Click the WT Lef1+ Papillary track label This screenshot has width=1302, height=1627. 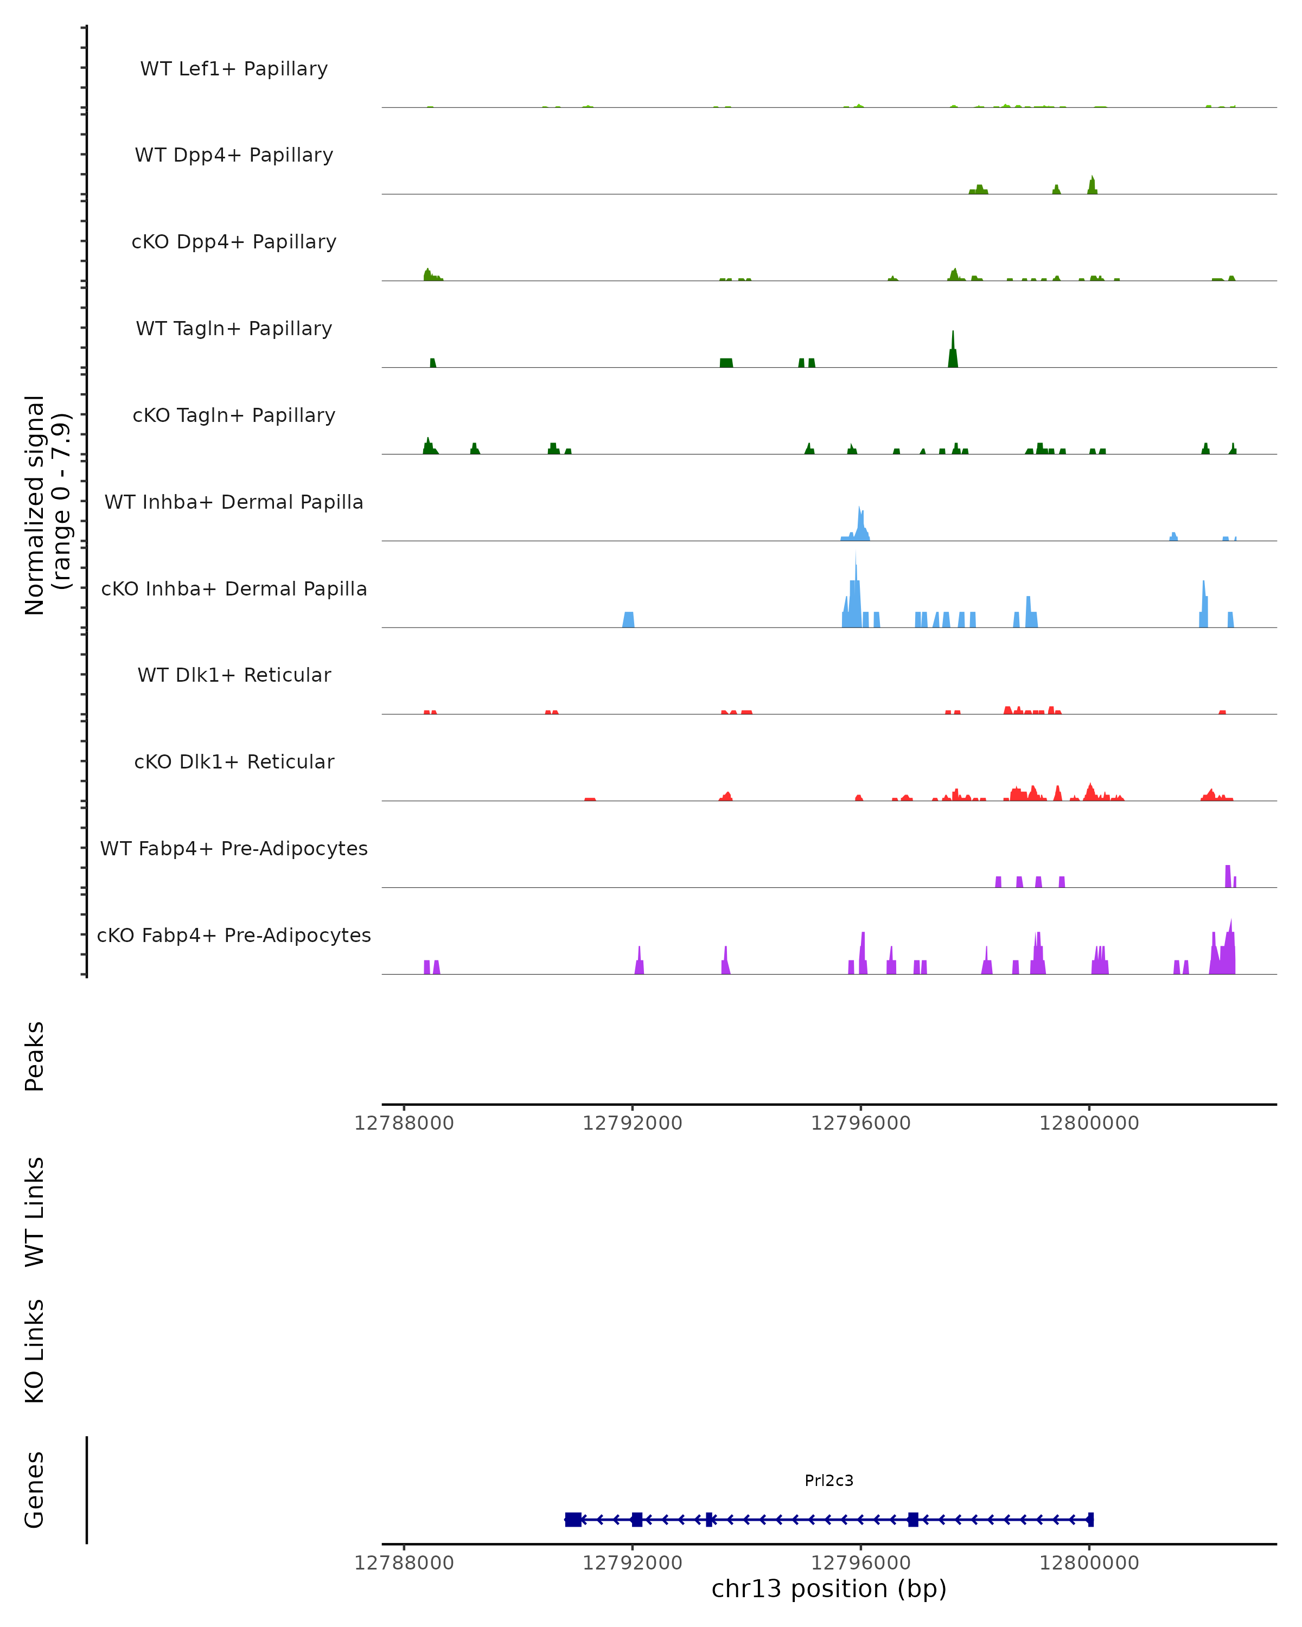tap(234, 69)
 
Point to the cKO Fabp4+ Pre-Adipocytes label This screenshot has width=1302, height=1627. tap(234, 935)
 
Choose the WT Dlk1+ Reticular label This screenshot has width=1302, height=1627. tap(234, 675)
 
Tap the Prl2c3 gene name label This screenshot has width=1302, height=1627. tap(829, 1481)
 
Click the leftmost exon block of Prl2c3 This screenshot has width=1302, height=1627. tap(573, 1519)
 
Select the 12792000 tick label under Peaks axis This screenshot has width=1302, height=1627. tap(632, 1123)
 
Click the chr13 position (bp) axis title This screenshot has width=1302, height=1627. tap(829, 1589)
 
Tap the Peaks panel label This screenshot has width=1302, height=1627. tap(35, 1056)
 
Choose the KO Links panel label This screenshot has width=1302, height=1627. tap(35, 1351)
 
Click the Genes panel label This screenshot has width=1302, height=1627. tap(35, 1490)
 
